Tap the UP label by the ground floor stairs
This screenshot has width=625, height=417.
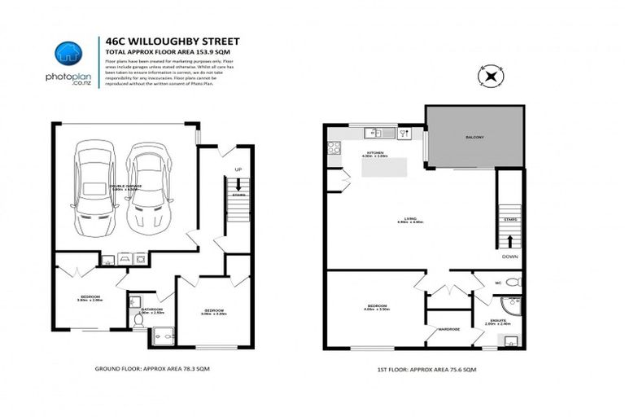(238, 169)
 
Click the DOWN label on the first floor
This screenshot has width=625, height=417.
(510, 256)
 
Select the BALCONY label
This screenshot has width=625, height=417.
(474, 138)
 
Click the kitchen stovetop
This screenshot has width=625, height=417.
(332, 148)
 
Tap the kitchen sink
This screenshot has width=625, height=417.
(375, 133)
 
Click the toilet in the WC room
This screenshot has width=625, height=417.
(513, 282)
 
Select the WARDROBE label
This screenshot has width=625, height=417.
(449, 329)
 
